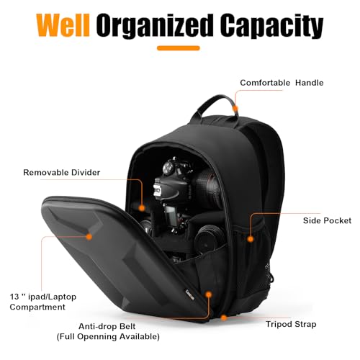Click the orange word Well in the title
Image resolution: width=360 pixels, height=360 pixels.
(63, 25)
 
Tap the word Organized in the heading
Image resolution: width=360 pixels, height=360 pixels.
(155, 27)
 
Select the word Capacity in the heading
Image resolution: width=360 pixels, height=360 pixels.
(272, 27)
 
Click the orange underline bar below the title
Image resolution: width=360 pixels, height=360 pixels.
(179, 48)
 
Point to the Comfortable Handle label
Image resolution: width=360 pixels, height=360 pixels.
(282, 83)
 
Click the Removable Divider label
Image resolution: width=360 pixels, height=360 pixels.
(62, 172)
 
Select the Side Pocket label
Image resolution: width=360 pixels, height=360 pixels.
(327, 220)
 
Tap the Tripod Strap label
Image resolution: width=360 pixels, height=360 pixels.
(291, 324)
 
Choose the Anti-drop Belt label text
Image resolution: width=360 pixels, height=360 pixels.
(107, 326)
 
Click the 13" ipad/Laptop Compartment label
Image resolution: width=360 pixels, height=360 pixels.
(43, 302)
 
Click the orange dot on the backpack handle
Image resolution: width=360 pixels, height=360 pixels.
(235, 109)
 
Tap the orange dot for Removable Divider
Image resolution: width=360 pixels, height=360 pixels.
(142, 208)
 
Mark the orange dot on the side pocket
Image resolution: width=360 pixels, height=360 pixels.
(251, 239)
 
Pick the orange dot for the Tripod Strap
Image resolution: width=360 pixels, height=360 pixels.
(224, 318)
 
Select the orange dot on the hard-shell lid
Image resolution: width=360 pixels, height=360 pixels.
(89, 237)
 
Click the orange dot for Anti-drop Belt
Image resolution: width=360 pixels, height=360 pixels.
(209, 294)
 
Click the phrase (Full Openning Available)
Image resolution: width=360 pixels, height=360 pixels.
(108, 336)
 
